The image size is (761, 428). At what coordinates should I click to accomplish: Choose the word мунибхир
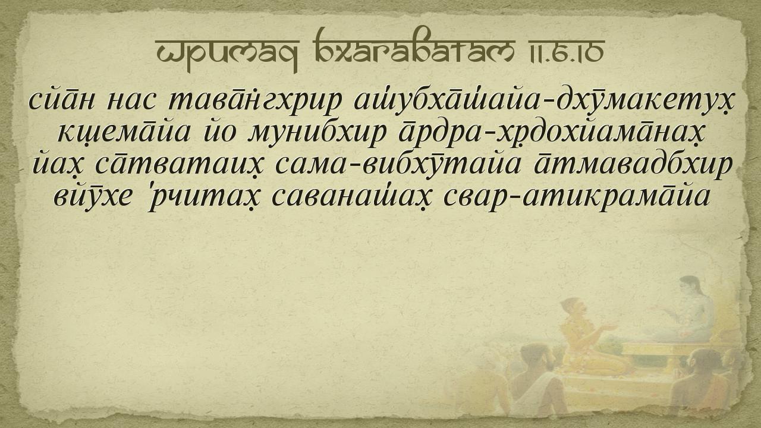[x=317, y=134]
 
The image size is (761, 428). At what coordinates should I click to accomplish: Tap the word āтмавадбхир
[x=632, y=166]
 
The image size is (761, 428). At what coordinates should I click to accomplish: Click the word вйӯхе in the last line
[x=92, y=197]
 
